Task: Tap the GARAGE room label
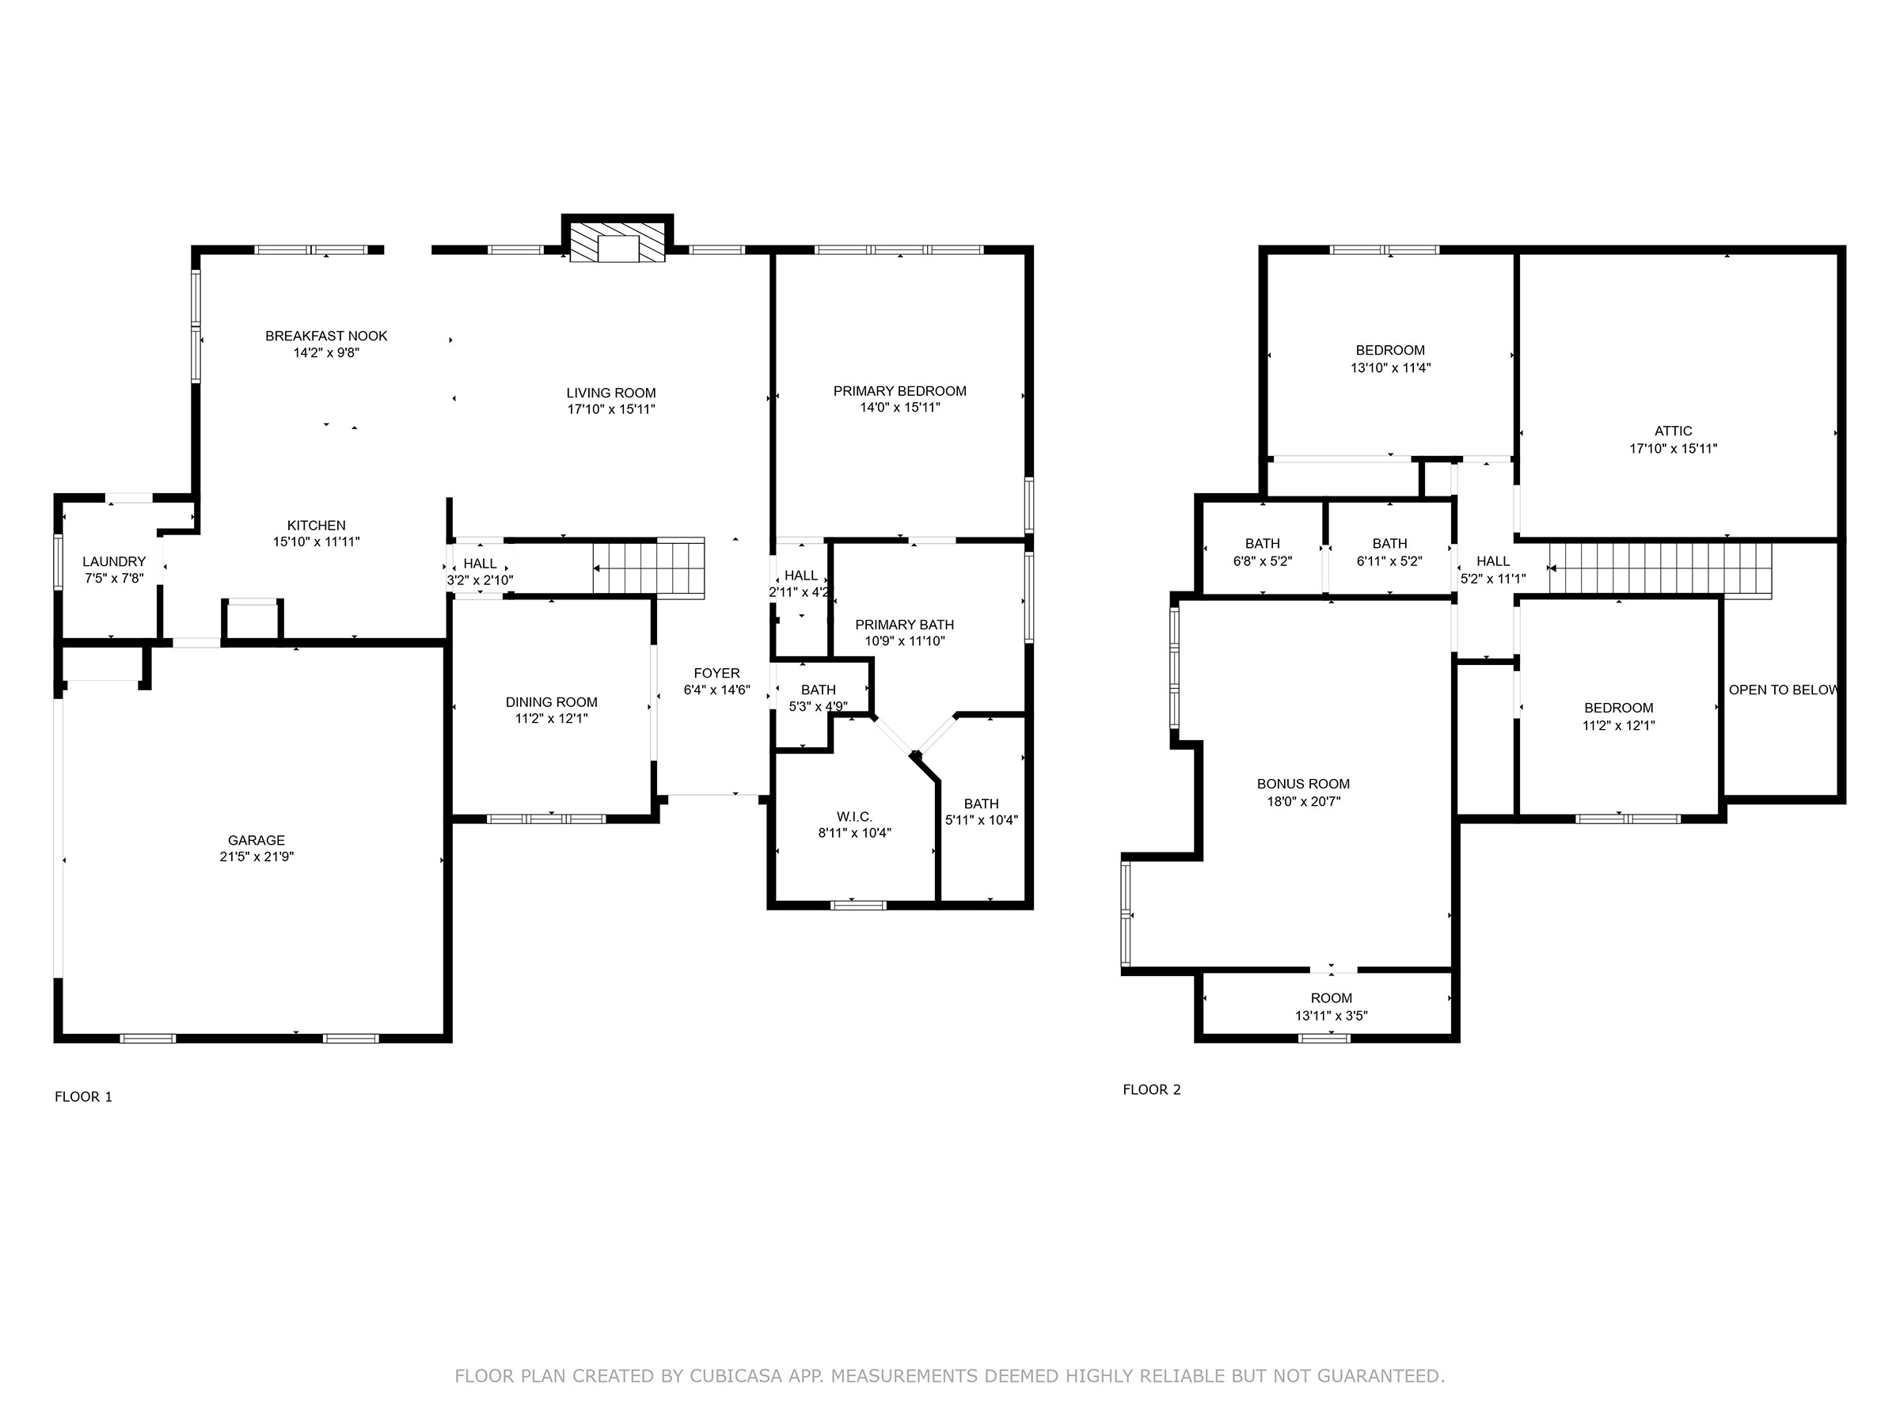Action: [x=256, y=840]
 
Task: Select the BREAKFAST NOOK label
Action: [x=326, y=336]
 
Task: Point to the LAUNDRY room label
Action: [x=114, y=562]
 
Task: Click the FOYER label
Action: [x=716, y=674]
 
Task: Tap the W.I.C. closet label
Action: [x=855, y=817]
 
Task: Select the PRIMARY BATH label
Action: [x=904, y=625]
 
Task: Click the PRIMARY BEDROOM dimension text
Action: [x=900, y=407]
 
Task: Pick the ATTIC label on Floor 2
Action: [x=1674, y=431]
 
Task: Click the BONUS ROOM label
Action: [x=1303, y=785]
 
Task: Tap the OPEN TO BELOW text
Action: [x=1783, y=690]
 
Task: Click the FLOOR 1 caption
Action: [x=83, y=1097]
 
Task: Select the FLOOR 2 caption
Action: [x=1152, y=1090]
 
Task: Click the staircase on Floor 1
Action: [x=648, y=568]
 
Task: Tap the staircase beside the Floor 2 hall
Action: [x=1660, y=568]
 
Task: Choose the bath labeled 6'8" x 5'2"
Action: [x=1263, y=553]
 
